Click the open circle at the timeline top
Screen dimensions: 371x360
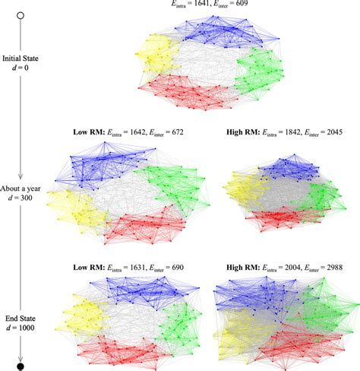coord(21,14)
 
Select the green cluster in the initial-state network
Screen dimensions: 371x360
coord(258,73)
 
